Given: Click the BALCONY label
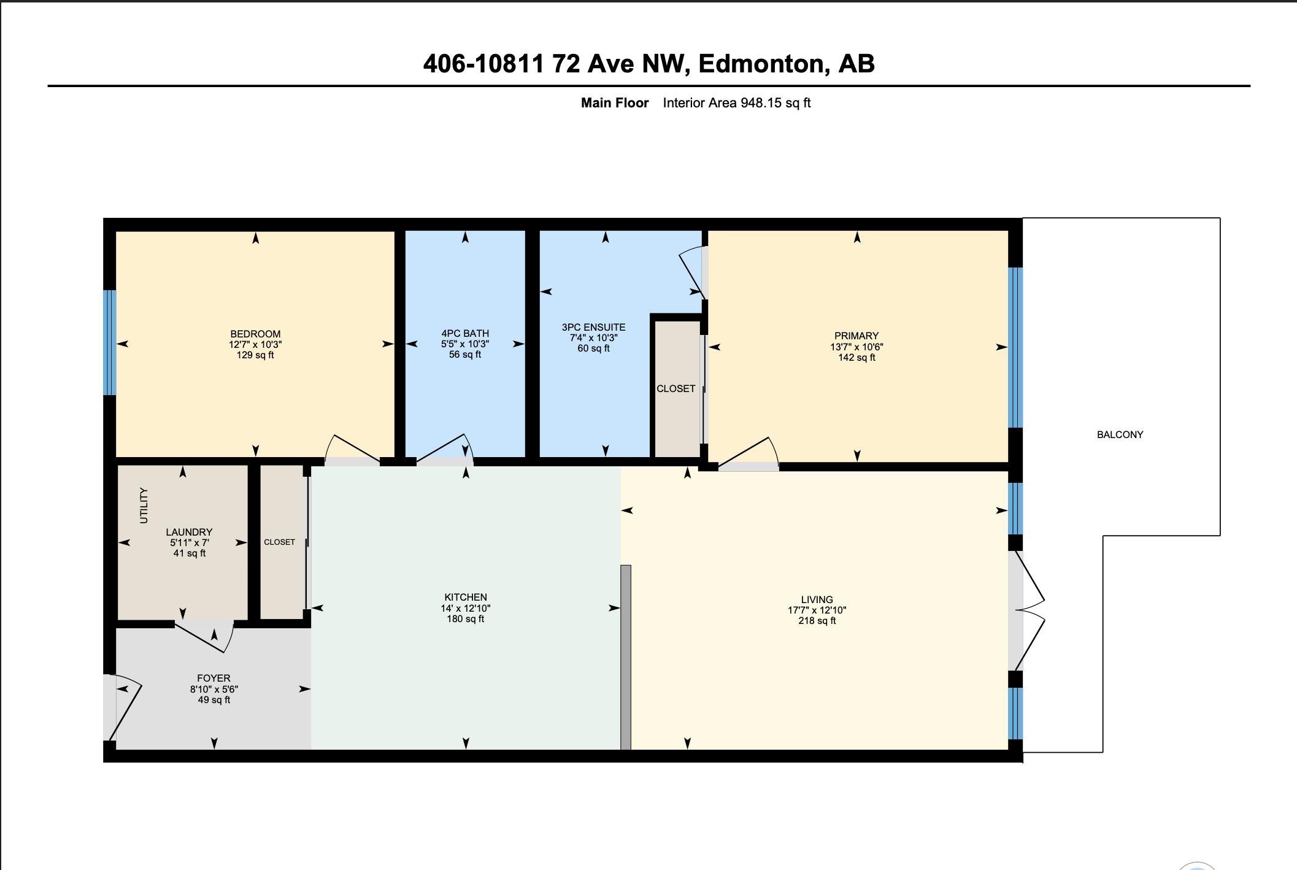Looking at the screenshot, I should [x=1120, y=434].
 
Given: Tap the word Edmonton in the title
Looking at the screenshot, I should [x=761, y=64].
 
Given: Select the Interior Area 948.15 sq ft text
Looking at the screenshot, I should [x=736, y=103].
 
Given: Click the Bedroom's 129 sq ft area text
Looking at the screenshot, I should [x=255, y=355].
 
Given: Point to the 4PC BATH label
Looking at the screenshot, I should [x=465, y=334].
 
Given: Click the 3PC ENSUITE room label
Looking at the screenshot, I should [x=593, y=328].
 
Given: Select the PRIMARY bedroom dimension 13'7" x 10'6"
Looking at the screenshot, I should [x=856, y=347].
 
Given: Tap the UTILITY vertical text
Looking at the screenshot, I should [x=144, y=506].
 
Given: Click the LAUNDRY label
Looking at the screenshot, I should [x=189, y=532].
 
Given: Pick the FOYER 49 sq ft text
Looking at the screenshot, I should [x=214, y=700].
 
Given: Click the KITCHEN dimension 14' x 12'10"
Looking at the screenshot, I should [x=465, y=608].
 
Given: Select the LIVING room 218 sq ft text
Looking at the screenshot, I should [x=817, y=621].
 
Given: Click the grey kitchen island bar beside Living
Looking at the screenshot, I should [x=626, y=656].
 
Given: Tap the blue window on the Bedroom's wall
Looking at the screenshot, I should [x=109, y=342].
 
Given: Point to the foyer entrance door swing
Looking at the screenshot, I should [x=126, y=706].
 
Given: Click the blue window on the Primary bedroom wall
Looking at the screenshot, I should [x=1015, y=347].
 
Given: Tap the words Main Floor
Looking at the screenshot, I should [x=614, y=103].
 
